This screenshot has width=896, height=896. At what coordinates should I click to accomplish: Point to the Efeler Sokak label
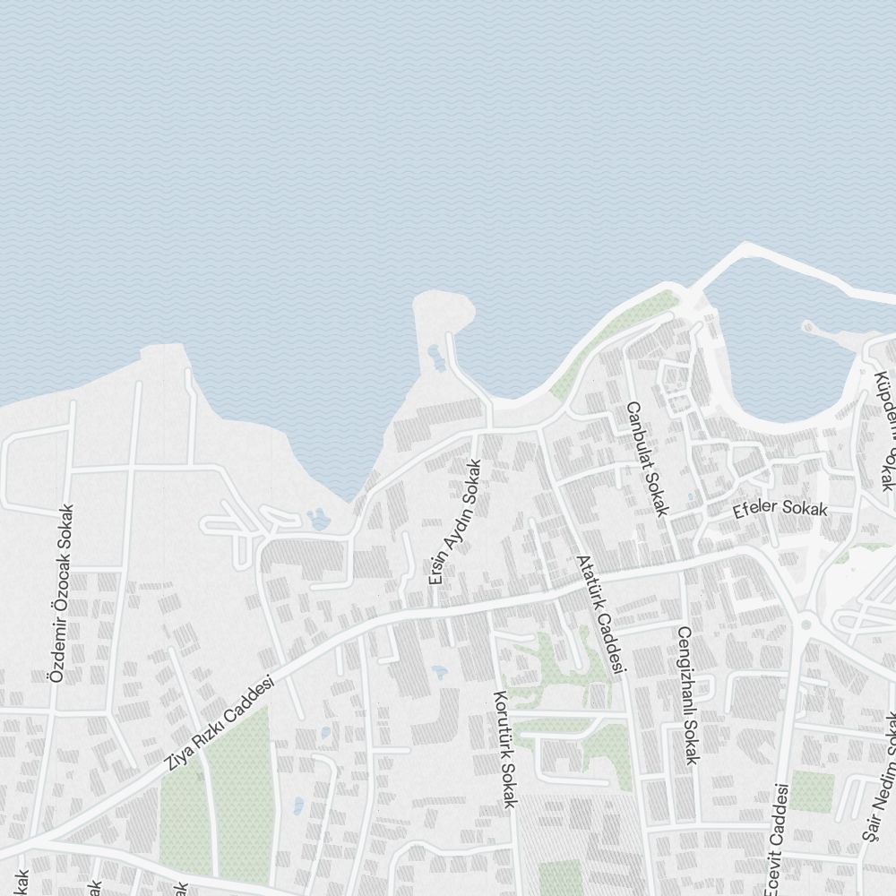[x=780, y=509]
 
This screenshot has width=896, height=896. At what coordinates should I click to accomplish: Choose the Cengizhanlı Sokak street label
[x=687, y=695]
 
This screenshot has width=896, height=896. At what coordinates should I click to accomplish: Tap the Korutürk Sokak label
[x=504, y=749]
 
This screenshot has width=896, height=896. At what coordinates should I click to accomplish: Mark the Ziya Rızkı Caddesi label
[x=220, y=724]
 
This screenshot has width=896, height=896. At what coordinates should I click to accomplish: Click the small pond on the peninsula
[x=437, y=358]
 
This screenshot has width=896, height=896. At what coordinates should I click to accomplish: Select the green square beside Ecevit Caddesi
[x=812, y=791]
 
